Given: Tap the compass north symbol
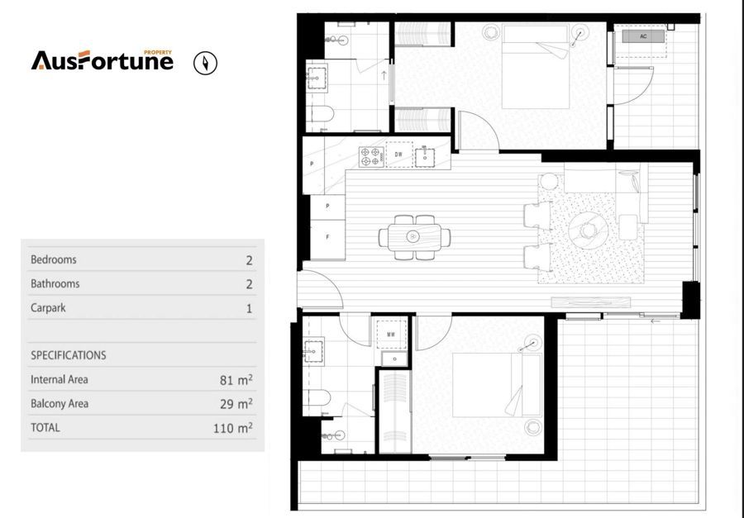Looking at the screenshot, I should click(205, 63).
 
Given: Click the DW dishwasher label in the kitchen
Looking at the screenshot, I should click(398, 154).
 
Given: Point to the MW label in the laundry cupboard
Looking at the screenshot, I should click(392, 335).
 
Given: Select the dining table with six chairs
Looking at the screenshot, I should click(414, 237).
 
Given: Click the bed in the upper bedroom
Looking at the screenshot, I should click(536, 70).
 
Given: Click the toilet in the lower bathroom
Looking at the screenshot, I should click(318, 398).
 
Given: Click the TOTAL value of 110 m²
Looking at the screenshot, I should click(232, 428).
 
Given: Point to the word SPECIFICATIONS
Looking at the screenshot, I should click(69, 355).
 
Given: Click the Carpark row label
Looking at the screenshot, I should click(48, 307).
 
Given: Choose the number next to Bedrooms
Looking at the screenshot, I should click(249, 260).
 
